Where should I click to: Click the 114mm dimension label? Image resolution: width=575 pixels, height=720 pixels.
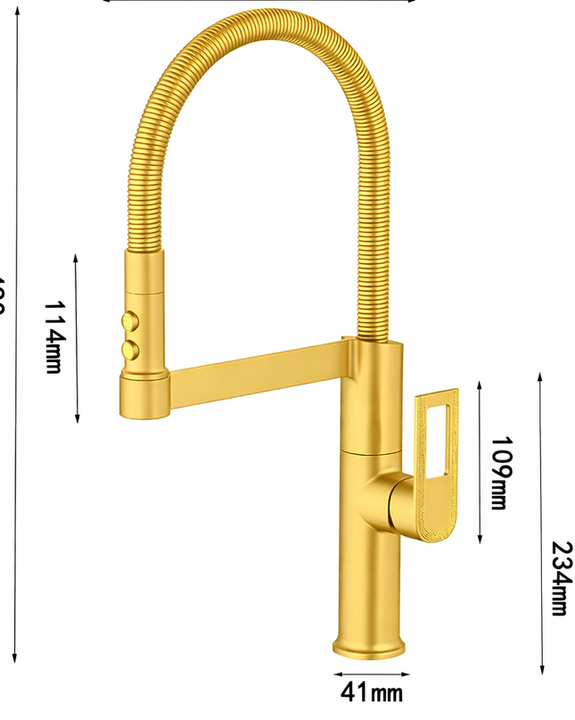point(53,337)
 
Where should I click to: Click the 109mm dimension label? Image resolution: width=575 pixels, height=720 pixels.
point(501,473)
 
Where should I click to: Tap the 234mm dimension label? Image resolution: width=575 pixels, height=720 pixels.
point(560,577)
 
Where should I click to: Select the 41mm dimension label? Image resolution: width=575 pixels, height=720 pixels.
point(371,691)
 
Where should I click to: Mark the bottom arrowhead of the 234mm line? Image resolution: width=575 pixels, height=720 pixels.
point(541,671)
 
